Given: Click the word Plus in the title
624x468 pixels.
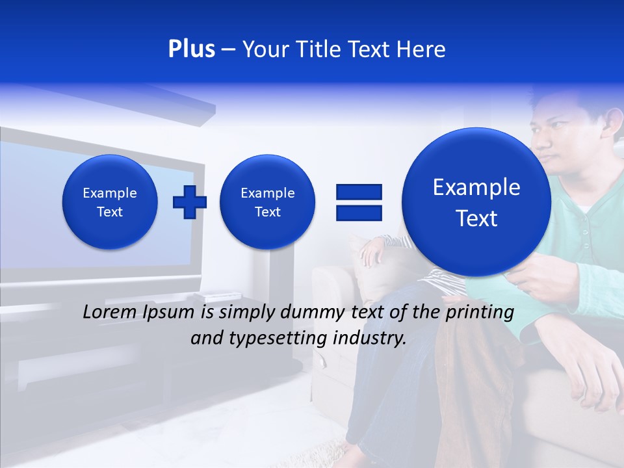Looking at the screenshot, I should coord(191,49).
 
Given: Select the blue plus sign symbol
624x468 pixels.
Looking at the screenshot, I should coord(189,201).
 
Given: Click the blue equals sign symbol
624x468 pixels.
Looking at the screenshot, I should coord(358,201).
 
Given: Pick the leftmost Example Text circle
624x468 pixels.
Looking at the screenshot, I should coord(110,202).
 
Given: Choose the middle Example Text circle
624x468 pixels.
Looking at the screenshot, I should coord(267,202).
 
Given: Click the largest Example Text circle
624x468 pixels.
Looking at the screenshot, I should coord(476,202).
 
